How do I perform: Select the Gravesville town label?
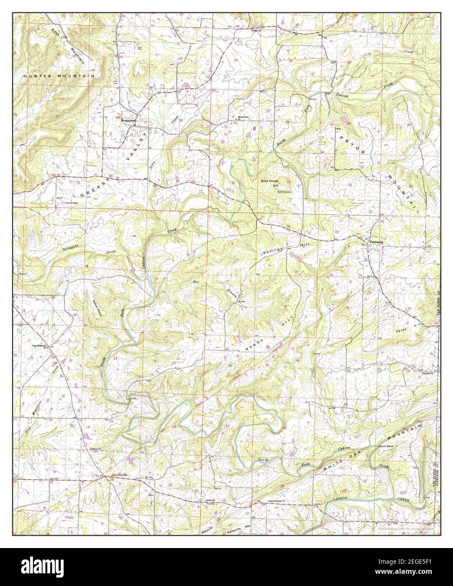(119, 475)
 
